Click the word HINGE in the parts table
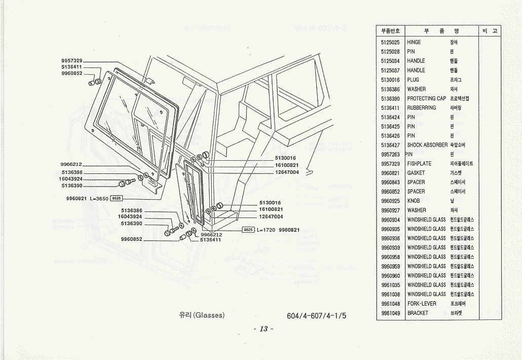(414, 43)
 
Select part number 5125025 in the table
(390, 43)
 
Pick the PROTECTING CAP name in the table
(427, 98)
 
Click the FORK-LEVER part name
(422, 304)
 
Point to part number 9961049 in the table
(390, 313)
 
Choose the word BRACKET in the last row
(418, 313)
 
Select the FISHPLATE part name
(419, 164)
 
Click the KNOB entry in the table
(414, 201)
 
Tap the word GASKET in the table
(416, 173)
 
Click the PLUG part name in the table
(413, 80)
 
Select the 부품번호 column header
(390, 31)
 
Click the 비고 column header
(490, 31)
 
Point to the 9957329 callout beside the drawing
(71, 61)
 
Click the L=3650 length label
(99, 198)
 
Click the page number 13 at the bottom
(264, 329)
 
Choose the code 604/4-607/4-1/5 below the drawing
(316, 315)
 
